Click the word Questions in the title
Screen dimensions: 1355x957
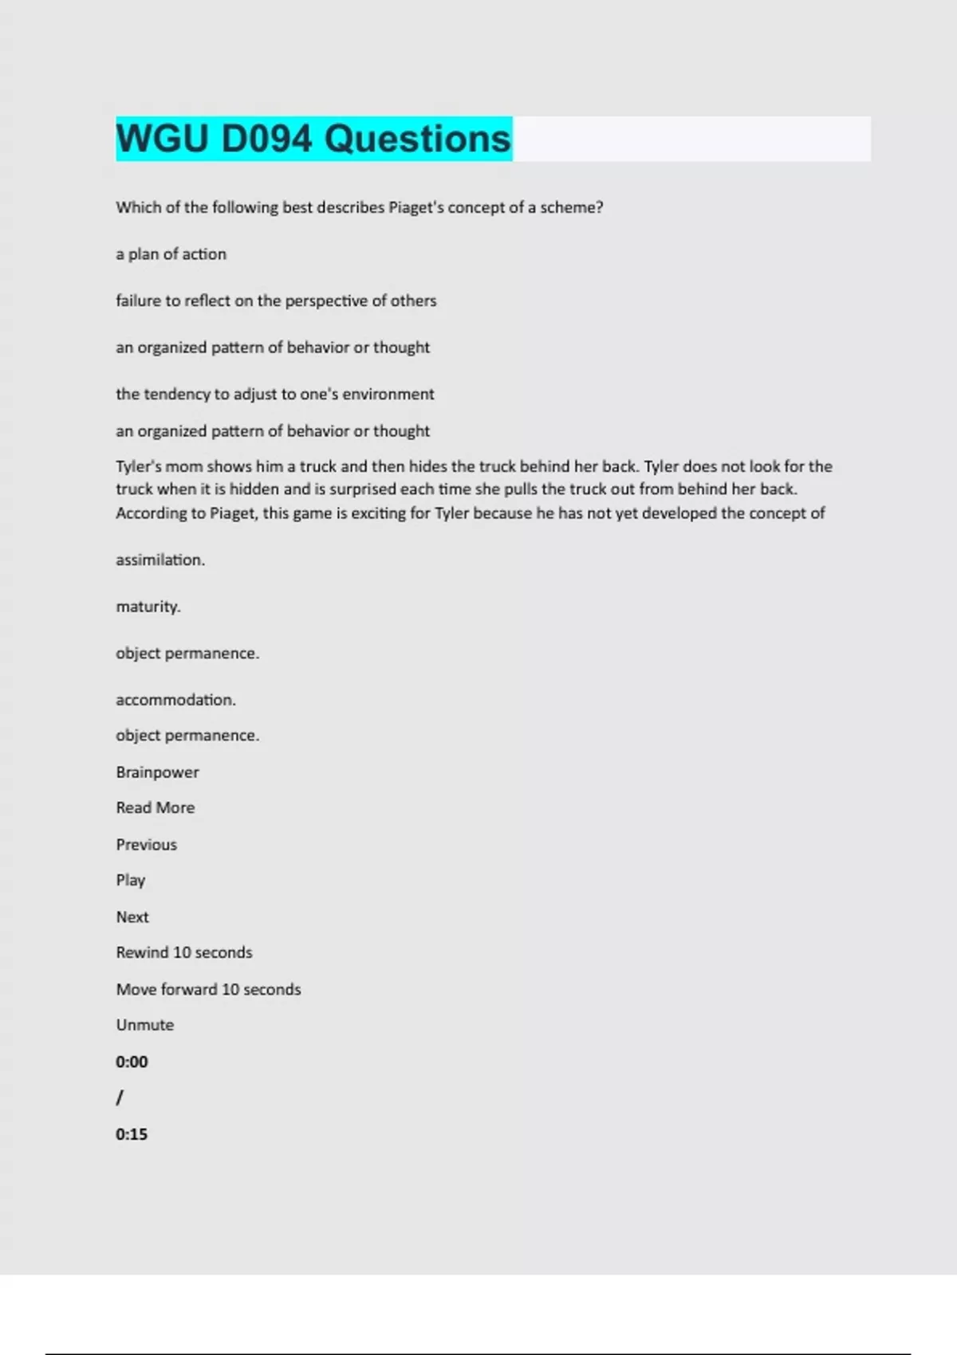[x=417, y=139]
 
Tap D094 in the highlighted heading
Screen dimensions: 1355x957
[x=266, y=139]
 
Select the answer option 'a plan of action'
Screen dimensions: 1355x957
[x=171, y=254]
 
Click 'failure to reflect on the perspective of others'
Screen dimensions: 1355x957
[x=276, y=300]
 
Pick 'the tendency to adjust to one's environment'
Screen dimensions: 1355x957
[x=275, y=394]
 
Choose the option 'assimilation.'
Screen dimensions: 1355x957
[x=160, y=560]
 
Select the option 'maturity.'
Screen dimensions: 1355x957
[x=148, y=607]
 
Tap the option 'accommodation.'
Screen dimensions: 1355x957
[x=175, y=700]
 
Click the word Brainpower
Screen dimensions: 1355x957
[x=157, y=772]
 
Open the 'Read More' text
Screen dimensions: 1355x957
[x=155, y=807]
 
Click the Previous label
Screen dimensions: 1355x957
[x=146, y=844]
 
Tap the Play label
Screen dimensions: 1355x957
[x=130, y=880]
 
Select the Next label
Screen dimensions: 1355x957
[x=132, y=917]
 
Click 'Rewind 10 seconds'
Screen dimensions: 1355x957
[x=183, y=952]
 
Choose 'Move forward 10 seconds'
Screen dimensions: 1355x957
[x=208, y=989]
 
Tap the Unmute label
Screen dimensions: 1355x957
[x=144, y=1025]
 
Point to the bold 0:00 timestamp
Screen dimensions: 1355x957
[x=132, y=1062]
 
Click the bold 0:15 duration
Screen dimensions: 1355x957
[x=132, y=1134]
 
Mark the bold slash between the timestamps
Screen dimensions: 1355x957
[x=120, y=1098]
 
